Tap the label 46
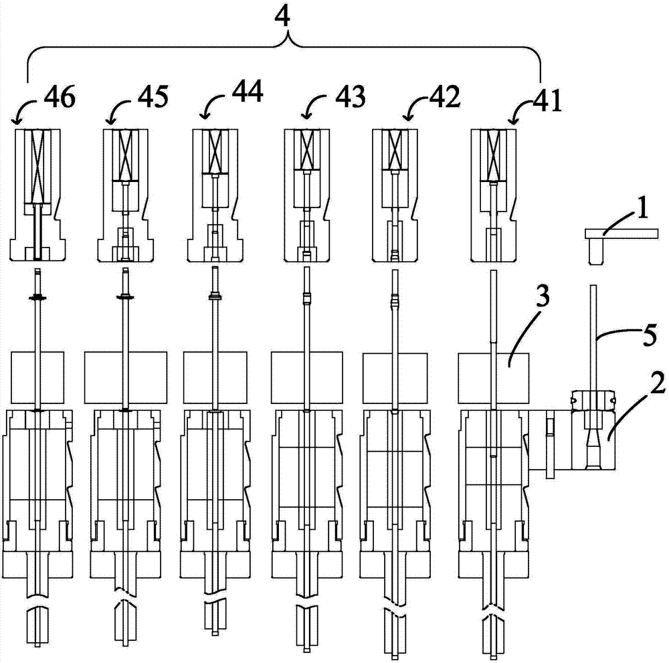click(60, 97)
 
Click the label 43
click(350, 96)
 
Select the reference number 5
click(649, 335)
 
